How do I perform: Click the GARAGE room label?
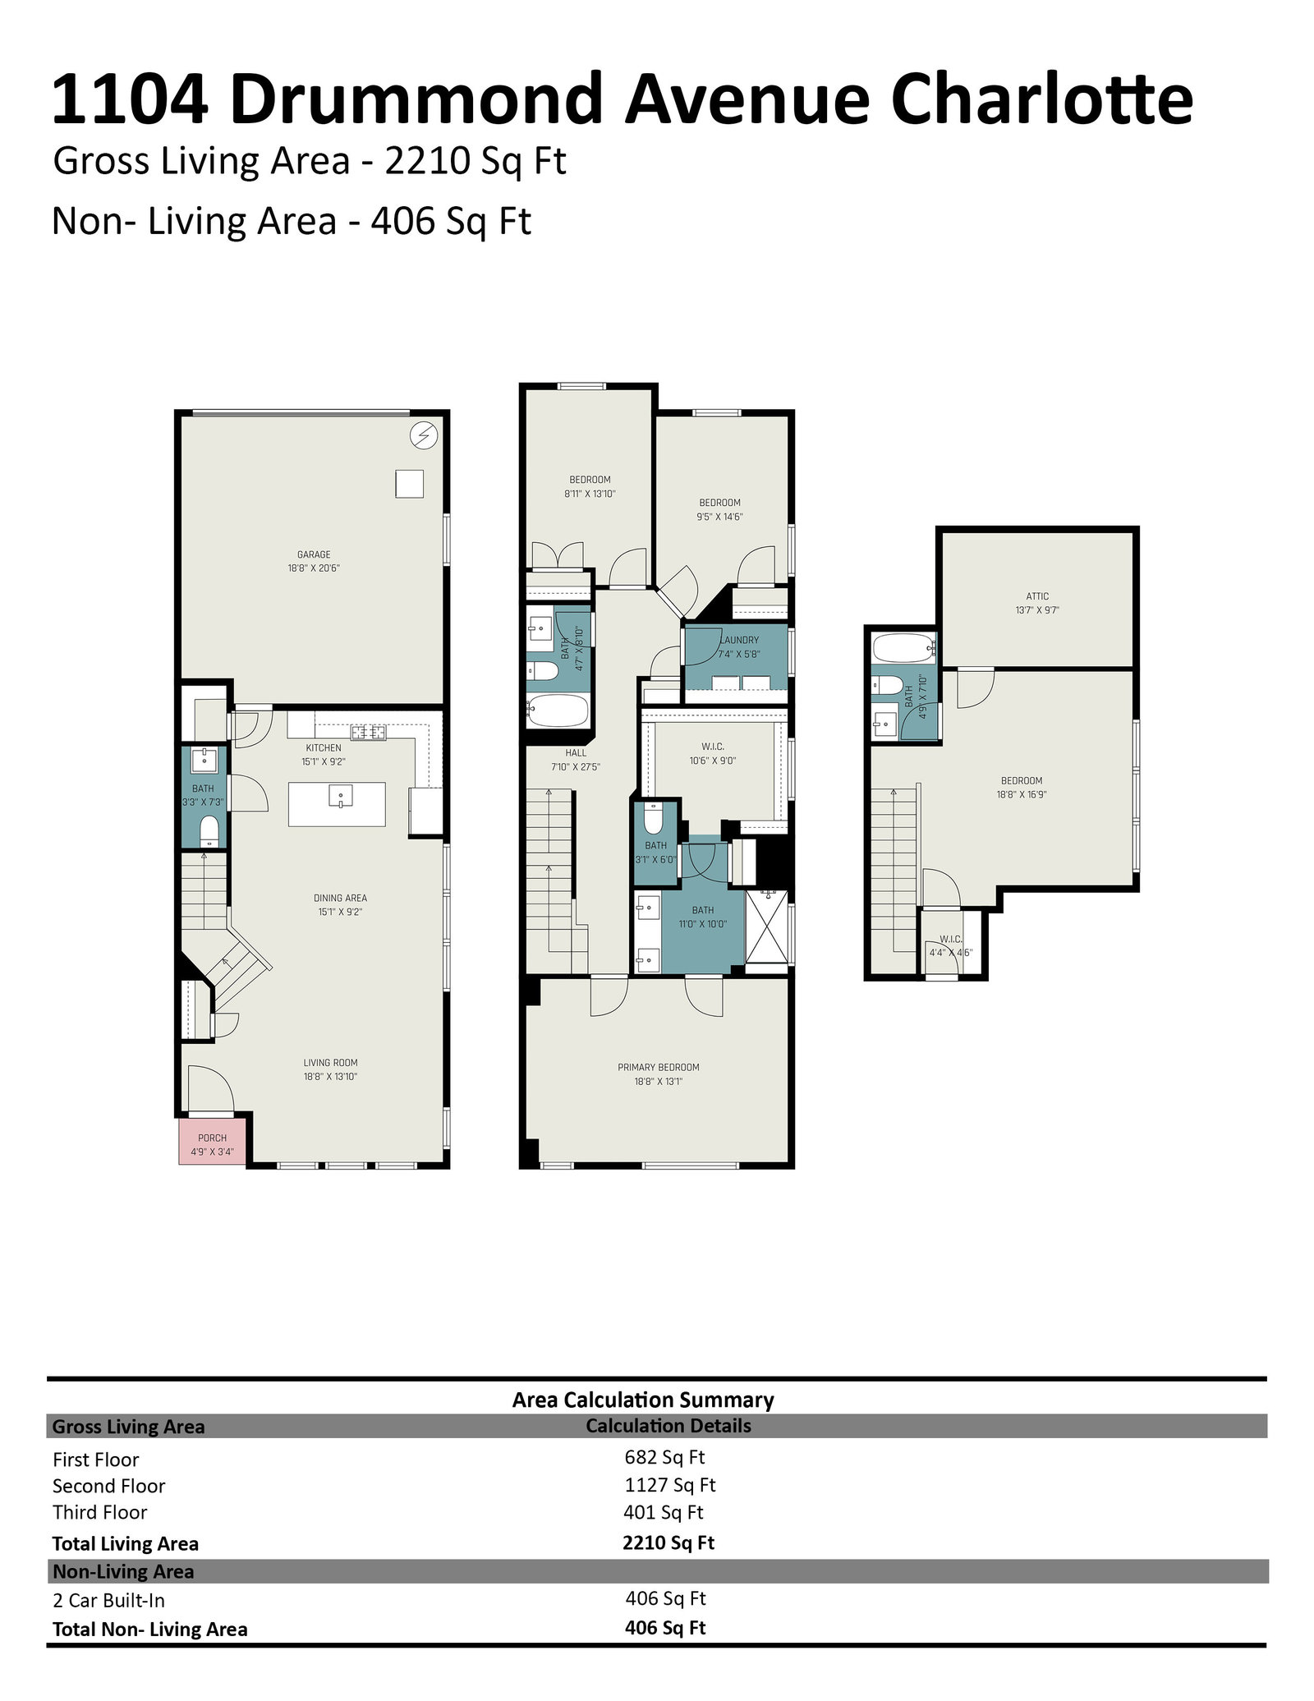pyautogui.click(x=314, y=554)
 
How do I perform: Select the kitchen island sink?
pyautogui.click(x=341, y=796)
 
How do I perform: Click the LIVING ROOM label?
pyautogui.click(x=330, y=1062)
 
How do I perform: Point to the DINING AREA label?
pyautogui.click(x=340, y=898)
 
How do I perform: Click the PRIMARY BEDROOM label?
pyautogui.click(x=659, y=1067)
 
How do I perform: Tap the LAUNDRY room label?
pyautogui.click(x=741, y=640)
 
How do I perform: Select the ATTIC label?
pyautogui.click(x=1037, y=596)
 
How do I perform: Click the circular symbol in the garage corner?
pyautogui.click(x=424, y=435)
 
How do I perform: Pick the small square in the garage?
pyautogui.click(x=409, y=483)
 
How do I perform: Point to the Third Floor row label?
pyautogui.click(x=99, y=1512)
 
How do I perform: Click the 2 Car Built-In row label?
pyautogui.click(x=108, y=1600)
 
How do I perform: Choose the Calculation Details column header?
pyautogui.click(x=668, y=1426)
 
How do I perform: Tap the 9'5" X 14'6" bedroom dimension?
pyautogui.click(x=719, y=517)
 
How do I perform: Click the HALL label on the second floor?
pyautogui.click(x=576, y=752)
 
